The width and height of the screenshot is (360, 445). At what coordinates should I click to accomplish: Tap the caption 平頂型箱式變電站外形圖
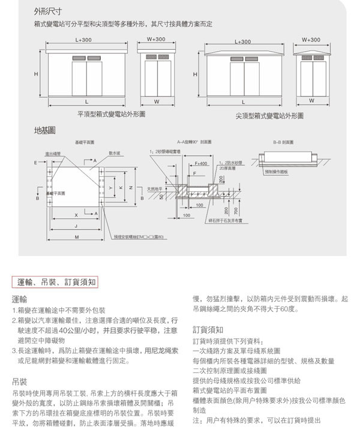111,113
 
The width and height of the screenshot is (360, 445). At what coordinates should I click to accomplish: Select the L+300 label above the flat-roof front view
84,40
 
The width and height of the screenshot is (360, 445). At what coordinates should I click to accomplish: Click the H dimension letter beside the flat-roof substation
36,74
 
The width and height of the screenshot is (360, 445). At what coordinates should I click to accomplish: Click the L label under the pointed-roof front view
243,102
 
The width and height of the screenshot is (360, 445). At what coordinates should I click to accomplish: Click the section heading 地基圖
45,130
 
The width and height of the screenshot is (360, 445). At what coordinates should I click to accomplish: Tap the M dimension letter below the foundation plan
77,237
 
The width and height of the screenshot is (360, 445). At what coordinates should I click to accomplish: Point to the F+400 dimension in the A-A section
201,163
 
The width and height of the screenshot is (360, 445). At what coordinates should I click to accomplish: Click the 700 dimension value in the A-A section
236,211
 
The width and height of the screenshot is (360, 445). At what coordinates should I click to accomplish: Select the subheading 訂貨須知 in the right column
208,329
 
